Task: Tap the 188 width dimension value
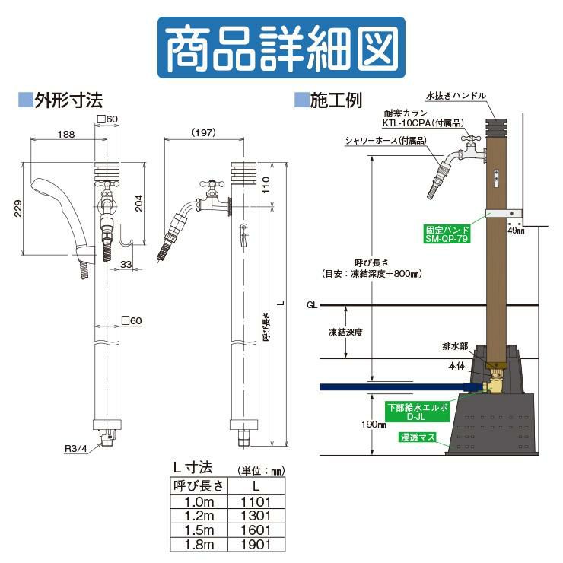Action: [x=65, y=135]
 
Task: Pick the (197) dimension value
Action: [x=201, y=132]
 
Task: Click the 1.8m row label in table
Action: [x=196, y=543]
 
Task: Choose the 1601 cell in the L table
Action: [x=255, y=530]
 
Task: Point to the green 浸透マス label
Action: [x=416, y=437]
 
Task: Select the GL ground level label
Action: [x=312, y=304]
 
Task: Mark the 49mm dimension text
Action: [x=515, y=229]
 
